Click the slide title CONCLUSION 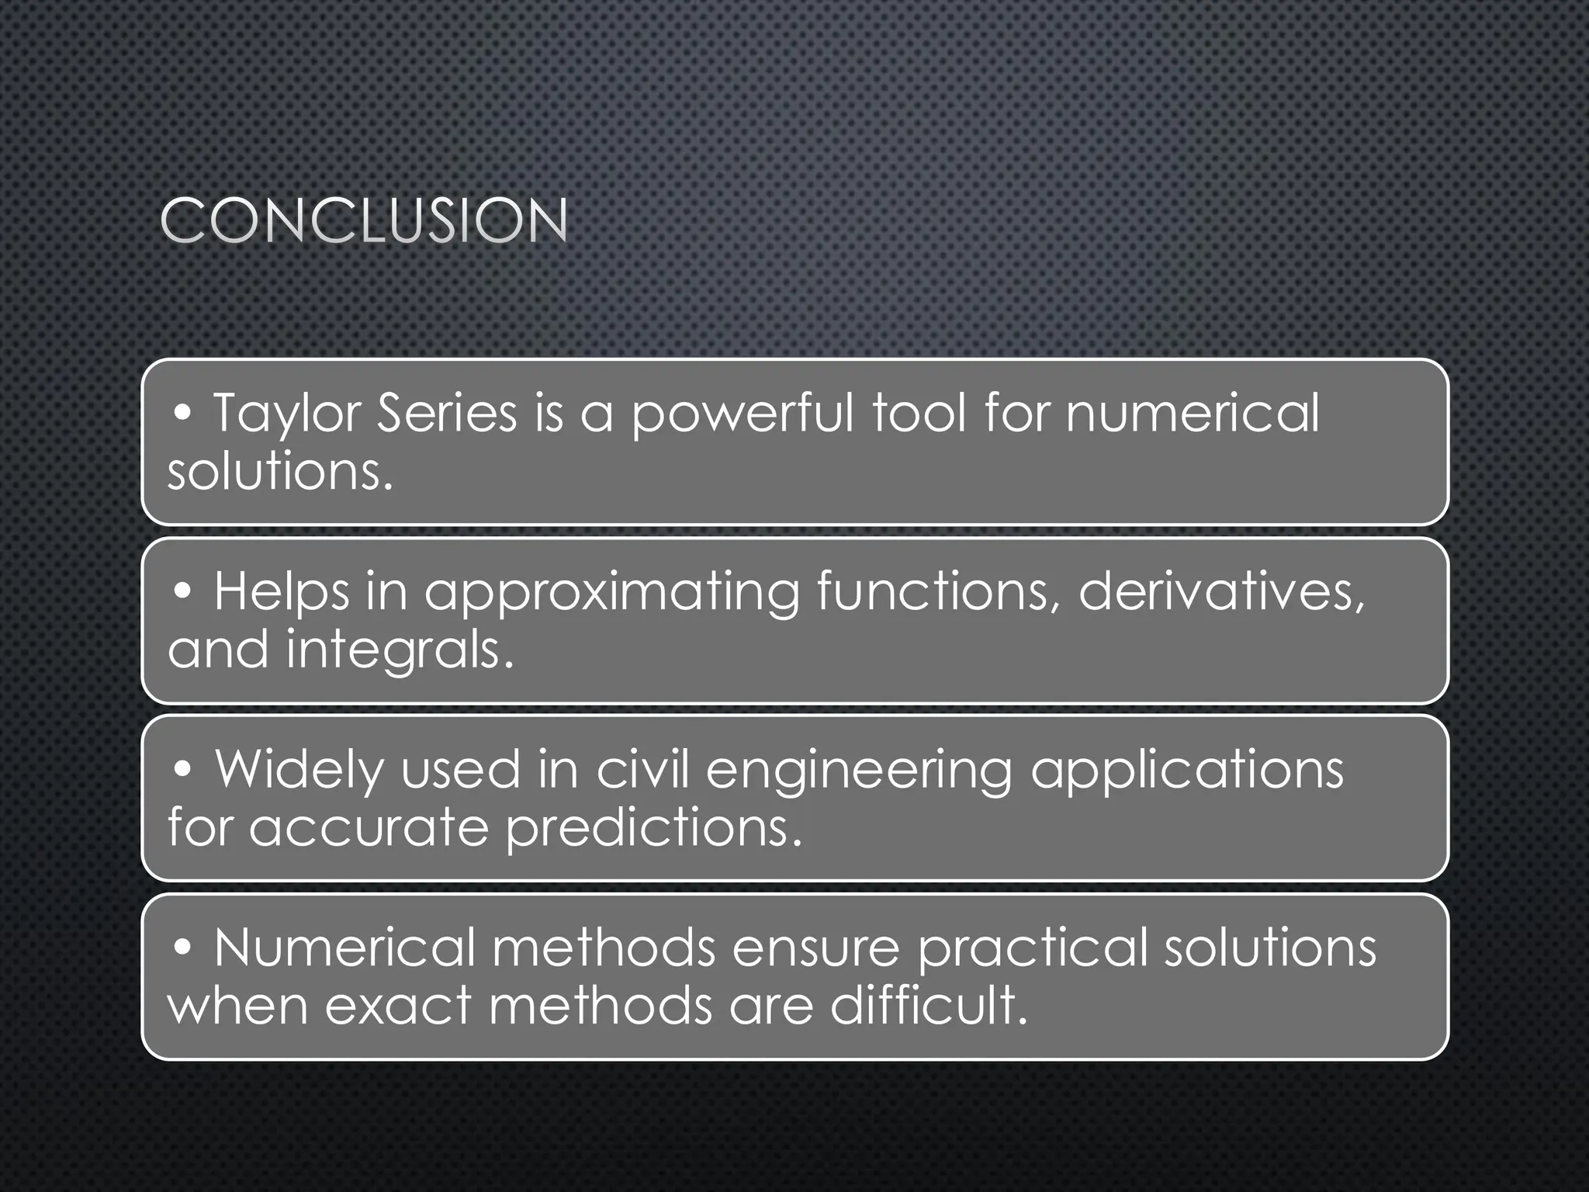[364, 220]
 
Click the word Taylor [286, 414]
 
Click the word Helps [282, 592]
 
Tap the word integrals [399, 650]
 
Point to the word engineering [859, 771]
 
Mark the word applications [1186, 771]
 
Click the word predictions [653, 828]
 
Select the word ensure [815, 948]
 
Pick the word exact [397, 1006]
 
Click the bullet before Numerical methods [183, 948]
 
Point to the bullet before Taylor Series [183, 414]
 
